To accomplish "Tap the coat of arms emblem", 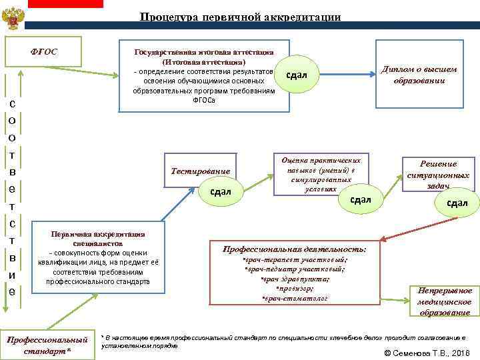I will pyautogui.click(x=13, y=19).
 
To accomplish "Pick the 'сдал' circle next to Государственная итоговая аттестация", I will pyautogui.click(x=296, y=74).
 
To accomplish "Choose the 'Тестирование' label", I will pyautogui.click(x=200, y=171).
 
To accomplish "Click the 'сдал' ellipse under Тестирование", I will pyautogui.click(x=220, y=192).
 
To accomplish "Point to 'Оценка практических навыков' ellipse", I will pyautogui.click(x=321, y=175).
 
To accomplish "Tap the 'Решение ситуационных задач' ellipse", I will pyautogui.click(x=438, y=175).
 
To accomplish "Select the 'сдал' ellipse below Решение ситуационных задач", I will pyautogui.click(x=457, y=203).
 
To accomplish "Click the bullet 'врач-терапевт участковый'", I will pyautogui.click(x=294, y=259).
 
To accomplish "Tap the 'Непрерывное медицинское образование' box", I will pyautogui.click(x=444, y=301).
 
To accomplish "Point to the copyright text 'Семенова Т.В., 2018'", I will pyautogui.click(x=427, y=352).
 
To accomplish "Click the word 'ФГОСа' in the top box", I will pyautogui.click(x=203, y=100).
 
